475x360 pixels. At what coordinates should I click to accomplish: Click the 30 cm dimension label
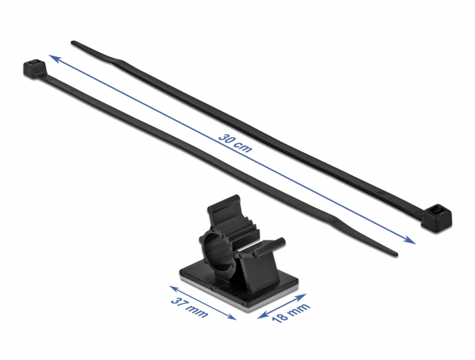[235, 143]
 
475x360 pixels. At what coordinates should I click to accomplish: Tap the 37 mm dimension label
[189, 307]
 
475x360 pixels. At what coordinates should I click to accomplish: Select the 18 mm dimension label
[290, 312]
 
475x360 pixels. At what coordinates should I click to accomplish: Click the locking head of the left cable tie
[34, 68]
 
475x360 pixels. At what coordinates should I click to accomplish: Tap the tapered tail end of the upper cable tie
[73, 43]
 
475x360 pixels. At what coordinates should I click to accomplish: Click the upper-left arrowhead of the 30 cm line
[53, 58]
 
